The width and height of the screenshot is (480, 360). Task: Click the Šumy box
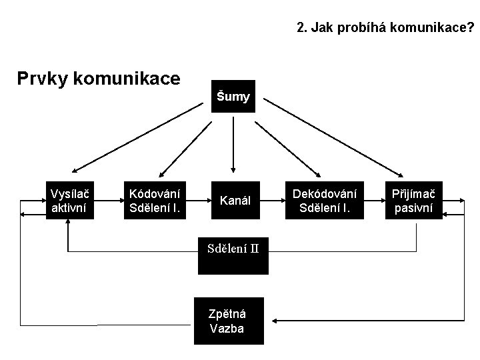pos(233,97)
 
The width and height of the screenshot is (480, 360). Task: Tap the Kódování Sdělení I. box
pos(155,200)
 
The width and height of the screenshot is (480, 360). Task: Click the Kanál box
pos(235,200)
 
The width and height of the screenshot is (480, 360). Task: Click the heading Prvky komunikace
pos(98,79)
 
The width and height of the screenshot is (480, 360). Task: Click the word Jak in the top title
pos(318,28)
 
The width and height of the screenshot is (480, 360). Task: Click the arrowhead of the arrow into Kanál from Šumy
pos(233,168)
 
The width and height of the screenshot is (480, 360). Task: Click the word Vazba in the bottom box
pos(227,329)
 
